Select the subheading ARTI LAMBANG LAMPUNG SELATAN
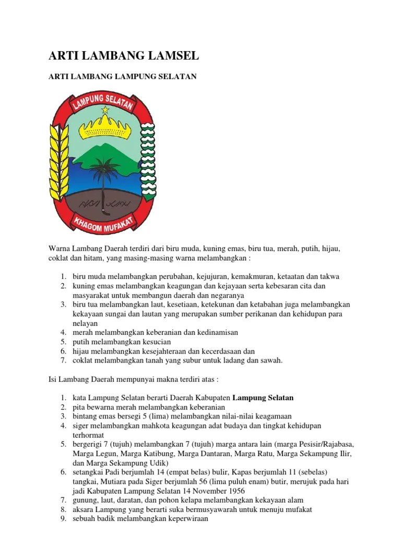click(x=123, y=77)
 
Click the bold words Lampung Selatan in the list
click(x=263, y=398)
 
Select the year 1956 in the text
click(x=234, y=491)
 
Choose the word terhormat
click(x=89, y=435)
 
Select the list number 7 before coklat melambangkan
click(x=62, y=360)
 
